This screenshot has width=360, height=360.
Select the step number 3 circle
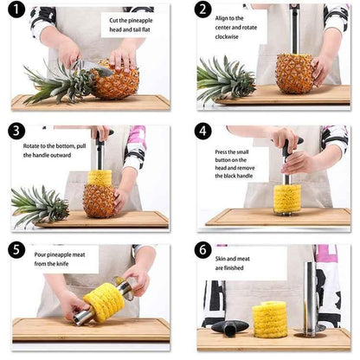[x=17, y=132]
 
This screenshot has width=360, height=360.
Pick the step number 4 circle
[x=202, y=132]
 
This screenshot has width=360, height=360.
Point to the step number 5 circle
[x=17, y=251]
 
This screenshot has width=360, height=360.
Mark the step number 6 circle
[x=202, y=251]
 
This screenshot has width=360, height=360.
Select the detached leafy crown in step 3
[x=38, y=205]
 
